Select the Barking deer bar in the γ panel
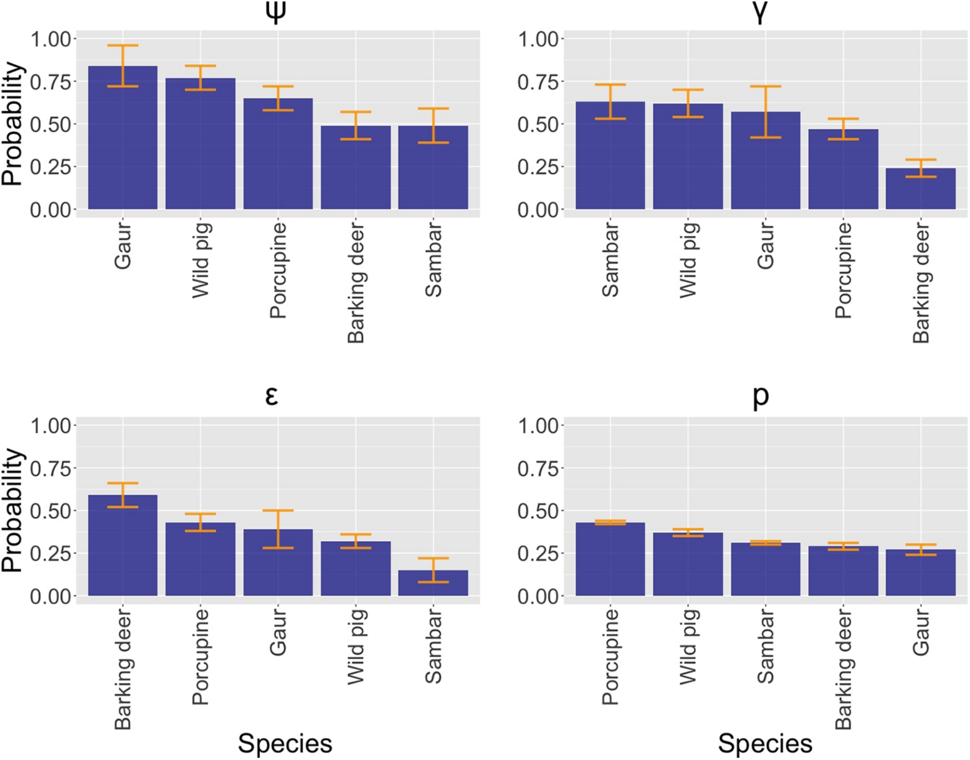921,189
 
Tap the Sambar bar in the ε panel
433,584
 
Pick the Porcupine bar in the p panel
610,560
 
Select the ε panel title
272,396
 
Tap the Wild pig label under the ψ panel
201,260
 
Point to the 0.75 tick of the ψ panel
50,82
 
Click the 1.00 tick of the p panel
538,426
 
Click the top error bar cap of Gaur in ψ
123,45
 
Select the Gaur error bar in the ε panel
278,529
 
